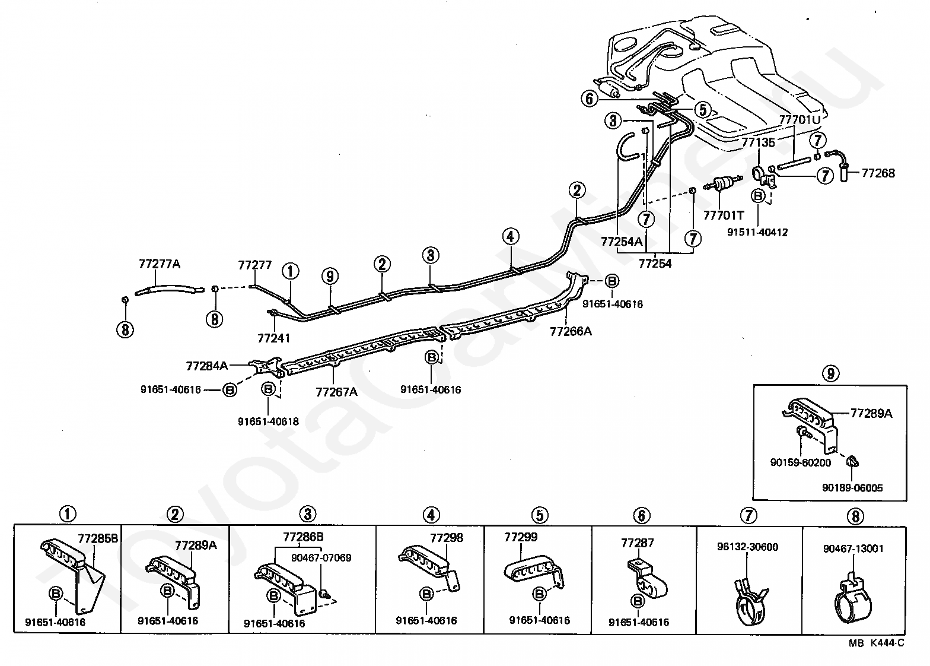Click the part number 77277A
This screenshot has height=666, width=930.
160,264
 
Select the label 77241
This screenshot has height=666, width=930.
274,338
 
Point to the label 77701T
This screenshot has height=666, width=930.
723,214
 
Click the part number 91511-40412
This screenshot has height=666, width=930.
757,232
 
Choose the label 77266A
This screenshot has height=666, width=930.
571,331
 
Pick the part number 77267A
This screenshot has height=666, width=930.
336,391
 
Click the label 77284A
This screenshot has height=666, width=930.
207,366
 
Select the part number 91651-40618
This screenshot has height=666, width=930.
268,421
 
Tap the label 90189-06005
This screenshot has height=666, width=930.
852,487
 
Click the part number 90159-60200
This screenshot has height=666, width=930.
801,462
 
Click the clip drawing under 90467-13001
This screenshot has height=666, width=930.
853,599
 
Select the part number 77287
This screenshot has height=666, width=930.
637,543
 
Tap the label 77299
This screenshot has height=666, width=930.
521,537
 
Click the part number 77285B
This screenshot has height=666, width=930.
98,538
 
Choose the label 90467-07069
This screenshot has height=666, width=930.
321,557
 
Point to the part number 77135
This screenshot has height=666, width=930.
759,142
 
